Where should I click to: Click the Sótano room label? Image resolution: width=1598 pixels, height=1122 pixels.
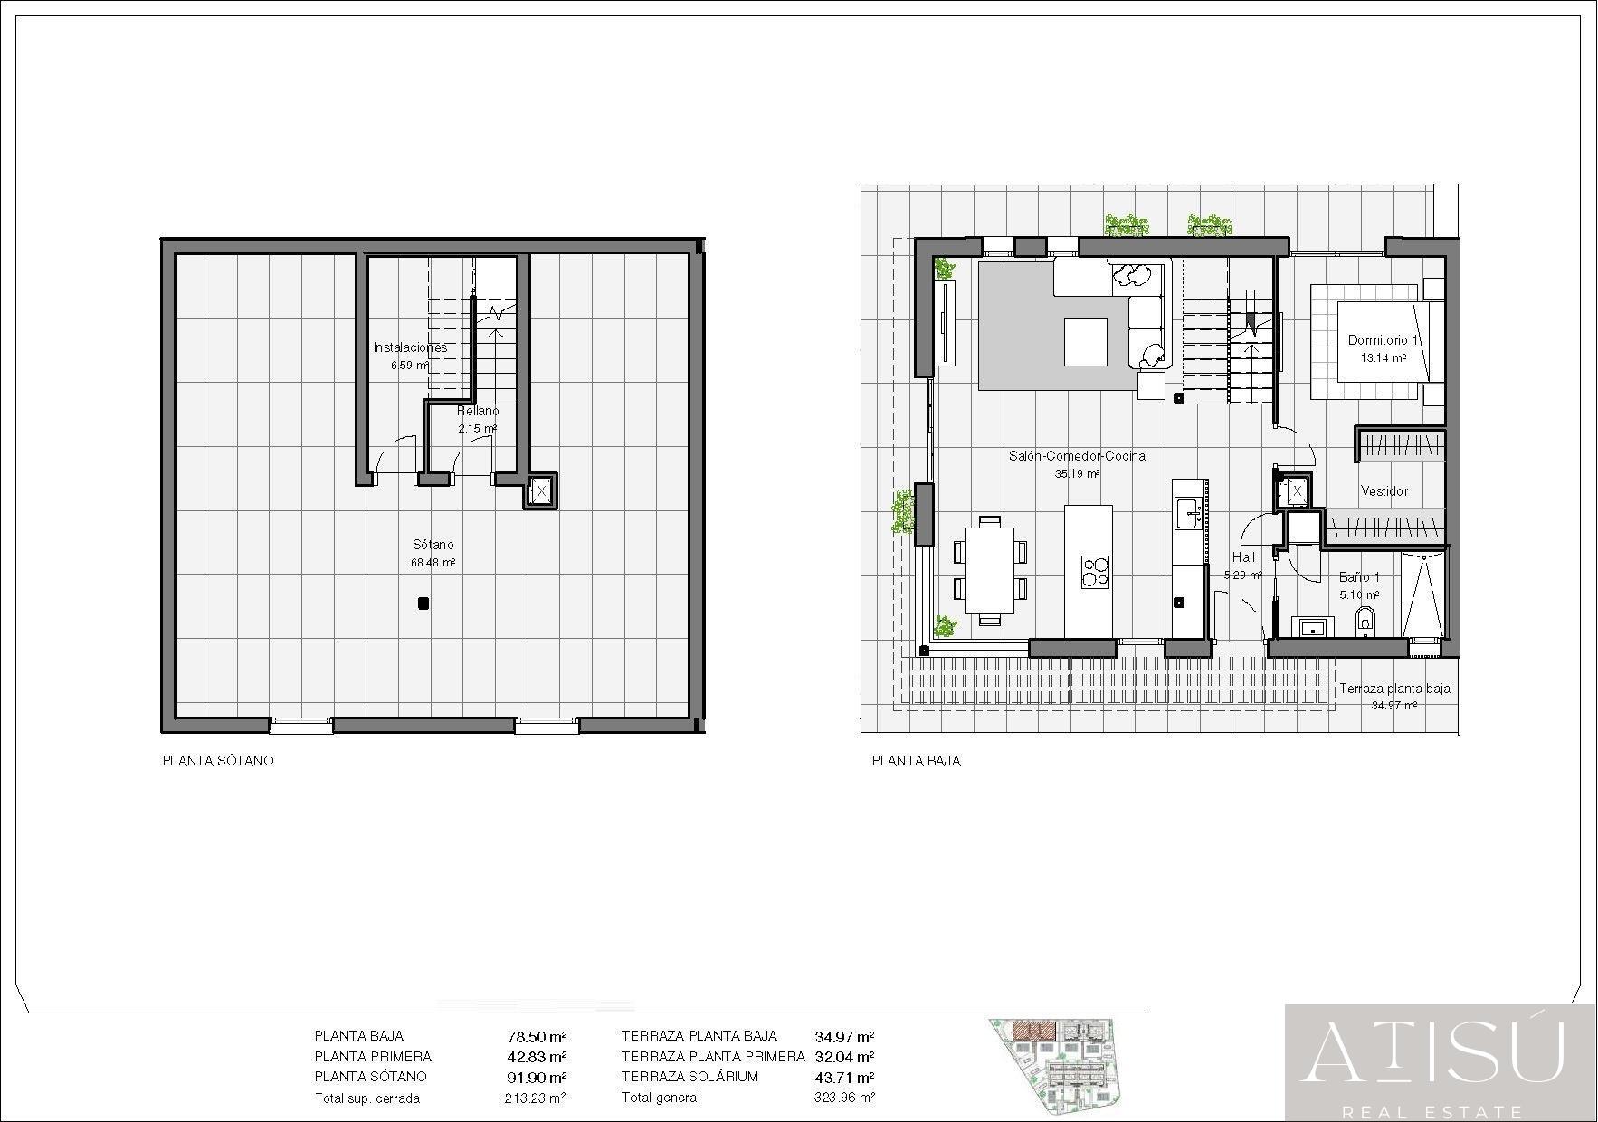coord(433,545)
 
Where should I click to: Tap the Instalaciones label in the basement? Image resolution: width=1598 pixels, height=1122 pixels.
coord(410,347)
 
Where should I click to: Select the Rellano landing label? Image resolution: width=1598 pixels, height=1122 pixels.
coord(477,412)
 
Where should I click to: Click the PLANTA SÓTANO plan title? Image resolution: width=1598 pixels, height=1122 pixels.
coord(217,761)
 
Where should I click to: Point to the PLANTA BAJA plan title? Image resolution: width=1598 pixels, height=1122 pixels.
coord(916,761)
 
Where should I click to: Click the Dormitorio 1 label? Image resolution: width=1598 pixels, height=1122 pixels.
coord(1383,340)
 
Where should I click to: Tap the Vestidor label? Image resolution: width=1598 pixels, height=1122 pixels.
coord(1384,491)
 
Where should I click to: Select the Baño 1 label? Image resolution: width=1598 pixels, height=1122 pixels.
coord(1359,577)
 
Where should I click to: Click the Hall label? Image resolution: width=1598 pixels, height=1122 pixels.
coord(1243,557)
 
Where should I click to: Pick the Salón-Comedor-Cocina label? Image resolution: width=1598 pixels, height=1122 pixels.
coord(1077,456)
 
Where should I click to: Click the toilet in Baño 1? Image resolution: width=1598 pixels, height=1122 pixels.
coord(1365,622)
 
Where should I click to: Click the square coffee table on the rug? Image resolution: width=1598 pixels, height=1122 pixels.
coord(1085,341)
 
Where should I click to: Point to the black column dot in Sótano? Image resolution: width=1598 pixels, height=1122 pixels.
coord(423,604)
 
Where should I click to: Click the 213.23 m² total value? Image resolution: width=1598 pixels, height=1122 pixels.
coord(535,1098)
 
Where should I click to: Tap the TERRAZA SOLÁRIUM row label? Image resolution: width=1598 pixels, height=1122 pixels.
coord(690,1077)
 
